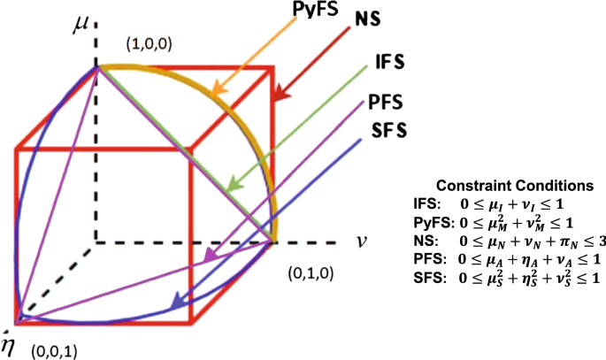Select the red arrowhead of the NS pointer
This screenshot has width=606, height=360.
[279, 90]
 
